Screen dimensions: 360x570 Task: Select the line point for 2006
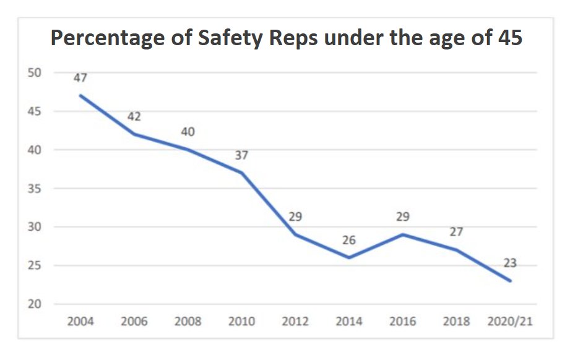tap(134, 134)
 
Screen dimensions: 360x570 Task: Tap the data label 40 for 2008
tap(188, 132)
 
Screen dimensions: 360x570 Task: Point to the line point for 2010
tap(241, 173)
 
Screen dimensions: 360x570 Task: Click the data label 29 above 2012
tap(295, 217)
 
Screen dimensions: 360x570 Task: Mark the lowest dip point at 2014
tap(349, 257)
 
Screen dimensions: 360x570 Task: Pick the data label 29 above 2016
tap(403, 217)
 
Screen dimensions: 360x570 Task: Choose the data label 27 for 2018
tap(456, 233)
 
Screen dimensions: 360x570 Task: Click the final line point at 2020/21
tap(510, 281)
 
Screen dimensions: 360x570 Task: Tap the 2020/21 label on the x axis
tap(510, 322)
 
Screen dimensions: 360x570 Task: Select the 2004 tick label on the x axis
tap(80, 322)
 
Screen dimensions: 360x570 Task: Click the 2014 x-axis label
tap(349, 322)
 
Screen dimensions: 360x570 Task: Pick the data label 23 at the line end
tap(510, 264)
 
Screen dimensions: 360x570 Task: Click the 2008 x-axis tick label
tap(188, 322)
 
